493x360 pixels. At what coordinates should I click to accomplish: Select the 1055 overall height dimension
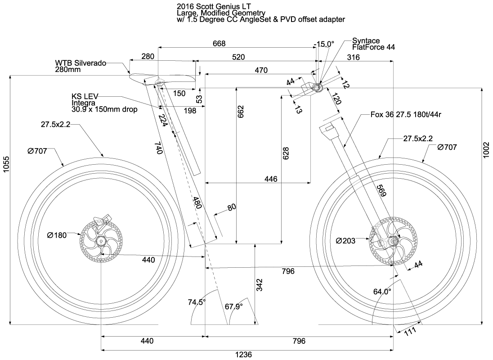(x=5, y=173)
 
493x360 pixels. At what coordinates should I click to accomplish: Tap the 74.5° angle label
(x=197, y=302)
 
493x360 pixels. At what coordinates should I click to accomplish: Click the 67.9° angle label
(x=233, y=306)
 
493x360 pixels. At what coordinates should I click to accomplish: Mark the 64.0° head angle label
(x=382, y=292)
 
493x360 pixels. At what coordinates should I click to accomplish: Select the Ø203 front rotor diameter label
(x=345, y=241)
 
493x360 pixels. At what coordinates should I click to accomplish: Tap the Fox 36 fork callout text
(x=405, y=114)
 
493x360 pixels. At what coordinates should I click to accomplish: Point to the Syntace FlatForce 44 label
(x=373, y=44)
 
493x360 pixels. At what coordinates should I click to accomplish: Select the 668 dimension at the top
(x=219, y=43)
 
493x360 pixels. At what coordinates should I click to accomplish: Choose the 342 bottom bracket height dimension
(x=260, y=284)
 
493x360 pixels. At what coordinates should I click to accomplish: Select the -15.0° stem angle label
(x=324, y=44)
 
